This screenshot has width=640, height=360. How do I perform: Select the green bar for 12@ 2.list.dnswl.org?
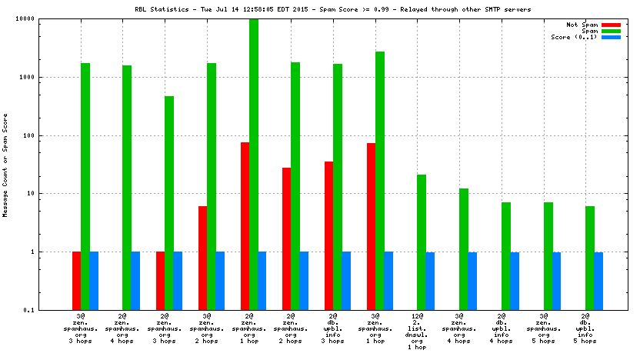coord(422,242)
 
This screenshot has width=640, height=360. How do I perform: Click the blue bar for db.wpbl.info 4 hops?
coord(515,281)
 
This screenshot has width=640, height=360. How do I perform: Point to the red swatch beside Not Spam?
coord(611,25)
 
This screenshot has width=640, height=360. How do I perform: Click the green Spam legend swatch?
coord(611,31)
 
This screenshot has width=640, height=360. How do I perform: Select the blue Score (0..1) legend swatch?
coord(611,37)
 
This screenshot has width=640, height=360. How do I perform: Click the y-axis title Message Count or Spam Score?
coord(6,165)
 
